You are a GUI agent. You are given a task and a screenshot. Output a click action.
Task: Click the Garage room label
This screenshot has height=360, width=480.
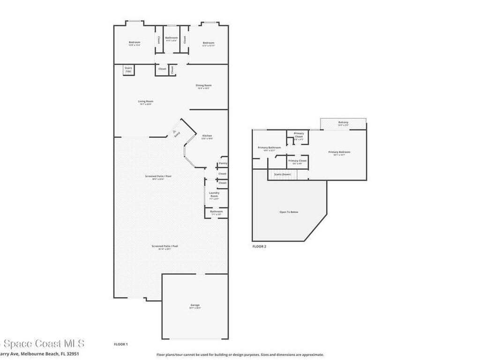195,305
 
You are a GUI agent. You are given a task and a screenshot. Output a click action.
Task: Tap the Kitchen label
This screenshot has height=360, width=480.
207,136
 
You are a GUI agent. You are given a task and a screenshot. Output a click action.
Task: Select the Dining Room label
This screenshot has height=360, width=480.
203,85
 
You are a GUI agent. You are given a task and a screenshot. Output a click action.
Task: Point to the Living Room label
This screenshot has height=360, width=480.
145,101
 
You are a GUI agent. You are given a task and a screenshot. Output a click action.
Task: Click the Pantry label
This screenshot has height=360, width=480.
223,163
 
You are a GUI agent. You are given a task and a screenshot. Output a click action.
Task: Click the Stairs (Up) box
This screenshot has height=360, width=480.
128,69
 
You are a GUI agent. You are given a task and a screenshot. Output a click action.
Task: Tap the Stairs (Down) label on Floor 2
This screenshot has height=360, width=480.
283,174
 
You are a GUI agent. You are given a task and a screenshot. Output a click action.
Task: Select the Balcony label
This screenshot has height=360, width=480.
343,123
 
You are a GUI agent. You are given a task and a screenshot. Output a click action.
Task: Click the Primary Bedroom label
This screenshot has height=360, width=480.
339,152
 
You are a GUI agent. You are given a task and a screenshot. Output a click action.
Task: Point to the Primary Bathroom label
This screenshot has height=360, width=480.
269,148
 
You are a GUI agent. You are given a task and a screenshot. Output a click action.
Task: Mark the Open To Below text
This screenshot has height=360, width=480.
289,212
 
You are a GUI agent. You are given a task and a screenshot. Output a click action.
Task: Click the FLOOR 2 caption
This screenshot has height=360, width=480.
259,246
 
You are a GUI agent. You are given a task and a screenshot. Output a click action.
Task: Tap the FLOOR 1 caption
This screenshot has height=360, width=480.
121,344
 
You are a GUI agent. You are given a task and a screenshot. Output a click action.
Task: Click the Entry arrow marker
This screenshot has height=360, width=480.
175,132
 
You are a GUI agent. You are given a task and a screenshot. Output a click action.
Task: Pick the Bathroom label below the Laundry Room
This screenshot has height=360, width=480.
216,211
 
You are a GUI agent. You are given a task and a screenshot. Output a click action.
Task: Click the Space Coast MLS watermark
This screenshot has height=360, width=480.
42,344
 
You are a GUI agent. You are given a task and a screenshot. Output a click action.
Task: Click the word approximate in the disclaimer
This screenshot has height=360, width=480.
311,355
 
